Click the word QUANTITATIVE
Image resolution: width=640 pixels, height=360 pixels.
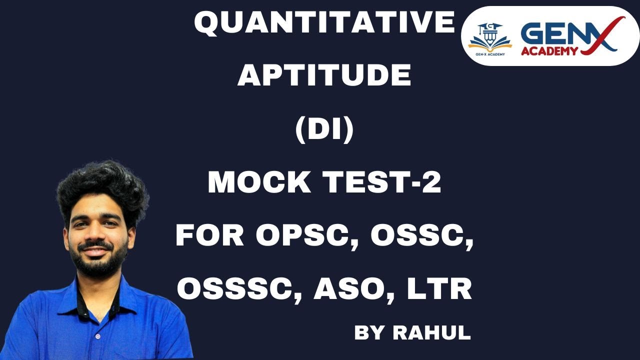(324, 24)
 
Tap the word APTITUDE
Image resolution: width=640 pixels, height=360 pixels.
(324, 76)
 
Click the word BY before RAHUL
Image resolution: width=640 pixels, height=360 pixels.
(370, 332)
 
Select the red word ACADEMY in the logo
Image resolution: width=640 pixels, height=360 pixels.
(549, 50)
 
